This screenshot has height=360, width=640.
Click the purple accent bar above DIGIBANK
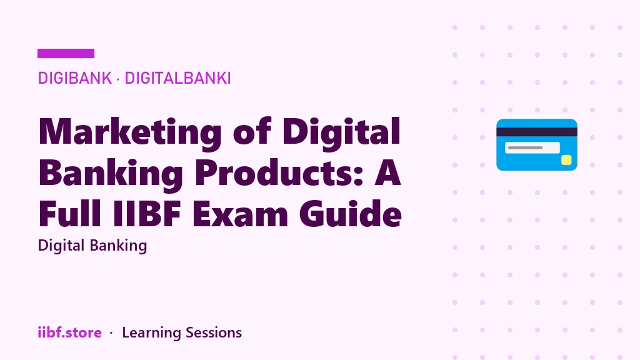(x=66, y=54)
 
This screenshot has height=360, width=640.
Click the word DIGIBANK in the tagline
(x=75, y=78)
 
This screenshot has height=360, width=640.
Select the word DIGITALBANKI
(x=177, y=78)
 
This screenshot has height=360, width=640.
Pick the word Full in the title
(x=70, y=213)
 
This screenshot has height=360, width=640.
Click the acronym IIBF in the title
(x=146, y=213)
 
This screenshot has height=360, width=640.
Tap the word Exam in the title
(x=240, y=213)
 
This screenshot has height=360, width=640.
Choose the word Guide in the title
(x=350, y=213)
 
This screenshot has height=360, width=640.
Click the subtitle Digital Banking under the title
(x=92, y=246)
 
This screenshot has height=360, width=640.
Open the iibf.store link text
(x=69, y=332)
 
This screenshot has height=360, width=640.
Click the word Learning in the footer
(x=151, y=333)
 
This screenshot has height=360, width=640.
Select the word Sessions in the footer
(x=214, y=332)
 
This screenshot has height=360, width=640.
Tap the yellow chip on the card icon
(x=566, y=160)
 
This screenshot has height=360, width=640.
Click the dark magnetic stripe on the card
(x=537, y=132)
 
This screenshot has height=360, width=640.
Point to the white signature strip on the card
(x=532, y=147)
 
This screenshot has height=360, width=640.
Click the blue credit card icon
(x=537, y=145)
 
